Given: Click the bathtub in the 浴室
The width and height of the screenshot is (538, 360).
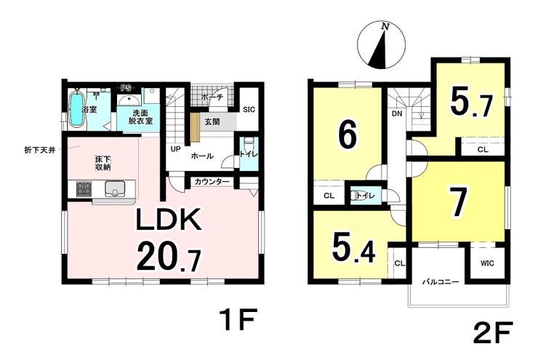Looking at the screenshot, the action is (76, 110).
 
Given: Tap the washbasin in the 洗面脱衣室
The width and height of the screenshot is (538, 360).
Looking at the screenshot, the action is (129, 100).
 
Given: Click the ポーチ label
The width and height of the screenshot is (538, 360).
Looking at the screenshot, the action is (212, 97).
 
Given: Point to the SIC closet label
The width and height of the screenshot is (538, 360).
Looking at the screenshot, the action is (249, 110).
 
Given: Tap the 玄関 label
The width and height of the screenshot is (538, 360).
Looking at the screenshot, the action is (212, 122).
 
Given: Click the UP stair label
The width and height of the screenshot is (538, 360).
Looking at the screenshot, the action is (176, 149).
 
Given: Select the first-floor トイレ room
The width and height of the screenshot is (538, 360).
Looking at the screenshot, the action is (249, 153).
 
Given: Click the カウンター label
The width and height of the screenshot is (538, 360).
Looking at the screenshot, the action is (212, 182).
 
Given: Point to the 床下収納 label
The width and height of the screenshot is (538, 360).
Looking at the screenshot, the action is (103, 164).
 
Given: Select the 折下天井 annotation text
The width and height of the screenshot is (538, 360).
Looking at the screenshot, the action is (40, 150).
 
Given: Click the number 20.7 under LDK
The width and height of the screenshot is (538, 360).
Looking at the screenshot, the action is (169, 256).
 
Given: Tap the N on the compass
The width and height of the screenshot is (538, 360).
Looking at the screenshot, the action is (385, 27).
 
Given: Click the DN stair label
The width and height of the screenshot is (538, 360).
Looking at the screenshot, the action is (398, 113).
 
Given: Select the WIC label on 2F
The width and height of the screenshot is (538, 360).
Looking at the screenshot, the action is (487, 263).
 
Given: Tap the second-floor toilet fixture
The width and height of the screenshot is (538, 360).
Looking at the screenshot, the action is (354, 195).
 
